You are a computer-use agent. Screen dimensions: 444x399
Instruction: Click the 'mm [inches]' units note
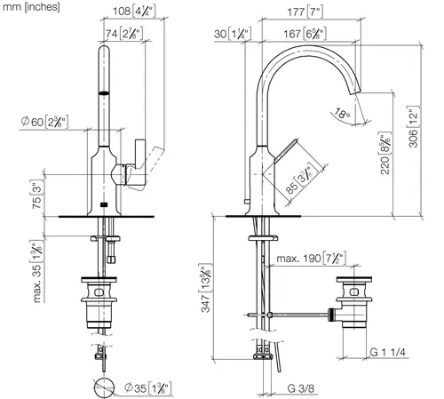(31, 7)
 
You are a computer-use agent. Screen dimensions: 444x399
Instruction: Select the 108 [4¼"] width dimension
(134, 12)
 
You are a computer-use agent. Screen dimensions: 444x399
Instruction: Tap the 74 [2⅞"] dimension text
(124, 34)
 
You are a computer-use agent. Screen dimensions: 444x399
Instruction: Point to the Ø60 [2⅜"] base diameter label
(44, 122)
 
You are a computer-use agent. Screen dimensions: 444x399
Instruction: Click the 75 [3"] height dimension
(36, 194)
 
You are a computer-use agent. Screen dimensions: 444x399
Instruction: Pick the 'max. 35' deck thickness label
(36, 271)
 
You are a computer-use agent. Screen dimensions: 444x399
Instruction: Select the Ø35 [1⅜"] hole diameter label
(148, 388)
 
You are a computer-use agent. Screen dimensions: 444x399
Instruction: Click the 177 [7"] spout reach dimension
(305, 12)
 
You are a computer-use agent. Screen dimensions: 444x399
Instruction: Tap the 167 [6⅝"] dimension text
(305, 34)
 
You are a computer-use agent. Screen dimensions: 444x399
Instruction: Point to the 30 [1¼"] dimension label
(233, 34)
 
